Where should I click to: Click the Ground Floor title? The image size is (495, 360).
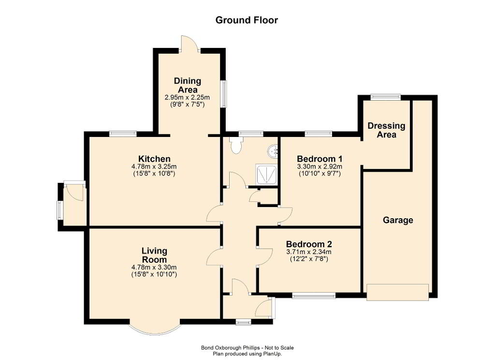coord(247,20)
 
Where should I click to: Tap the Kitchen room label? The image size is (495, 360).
coord(154,159)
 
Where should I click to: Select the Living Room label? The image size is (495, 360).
coord(154,255)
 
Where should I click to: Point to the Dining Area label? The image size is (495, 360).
coord(188,85)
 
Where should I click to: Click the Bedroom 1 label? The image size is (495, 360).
coord(320,159)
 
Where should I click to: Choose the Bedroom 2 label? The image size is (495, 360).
coord(309,244)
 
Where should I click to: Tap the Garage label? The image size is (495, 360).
coord(398,220)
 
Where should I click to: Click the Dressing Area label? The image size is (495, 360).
coord(386,130)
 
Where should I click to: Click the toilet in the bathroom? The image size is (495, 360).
coord(236,145)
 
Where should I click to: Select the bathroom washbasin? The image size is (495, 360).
coord(273,152)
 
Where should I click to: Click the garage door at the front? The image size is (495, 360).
coord(398,292)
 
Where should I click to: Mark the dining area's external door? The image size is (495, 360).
coord(189,44)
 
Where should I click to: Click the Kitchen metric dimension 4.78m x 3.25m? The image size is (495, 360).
coord(154,166)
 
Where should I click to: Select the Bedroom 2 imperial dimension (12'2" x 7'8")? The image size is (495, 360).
coord(309,259)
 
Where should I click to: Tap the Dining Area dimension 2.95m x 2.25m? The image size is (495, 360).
coord(187,97)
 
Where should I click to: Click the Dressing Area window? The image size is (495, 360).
coord(385,97)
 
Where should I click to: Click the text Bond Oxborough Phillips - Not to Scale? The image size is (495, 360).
coord(247,348)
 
